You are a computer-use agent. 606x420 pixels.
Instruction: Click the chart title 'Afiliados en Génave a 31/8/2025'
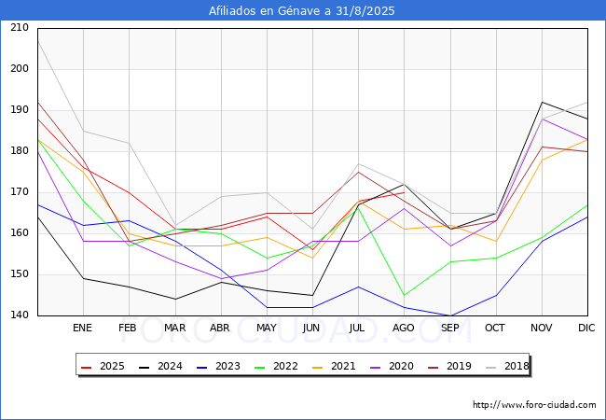pos(301,10)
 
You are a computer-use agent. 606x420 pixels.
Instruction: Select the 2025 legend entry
pos(103,366)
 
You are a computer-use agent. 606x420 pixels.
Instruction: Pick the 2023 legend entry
pos(218,366)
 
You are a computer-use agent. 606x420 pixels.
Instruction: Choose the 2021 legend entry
pos(334,366)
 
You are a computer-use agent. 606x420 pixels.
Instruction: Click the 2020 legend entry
pos(392,366)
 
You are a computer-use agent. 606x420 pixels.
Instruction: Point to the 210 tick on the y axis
pos(20,27)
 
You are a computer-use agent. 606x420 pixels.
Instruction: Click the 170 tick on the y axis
pos(20,192)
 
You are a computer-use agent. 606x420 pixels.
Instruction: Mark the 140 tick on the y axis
pos(20,315)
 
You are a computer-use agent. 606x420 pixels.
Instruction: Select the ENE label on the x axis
pos(82,328)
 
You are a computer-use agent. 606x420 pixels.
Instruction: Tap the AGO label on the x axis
pos(404,328)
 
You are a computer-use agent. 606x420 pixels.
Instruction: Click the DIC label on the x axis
pos(586,328)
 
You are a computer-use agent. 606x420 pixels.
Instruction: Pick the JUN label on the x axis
pos(311,328)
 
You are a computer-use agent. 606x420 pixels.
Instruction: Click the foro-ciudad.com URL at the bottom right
pos(534,404)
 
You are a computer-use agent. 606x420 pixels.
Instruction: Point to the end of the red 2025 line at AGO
pos(405,192)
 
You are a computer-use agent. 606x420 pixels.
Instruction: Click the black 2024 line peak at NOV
pos(543,102)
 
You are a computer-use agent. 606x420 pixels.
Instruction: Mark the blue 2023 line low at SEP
pos(450,315)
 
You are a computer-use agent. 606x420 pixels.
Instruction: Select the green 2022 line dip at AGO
pos(405,295)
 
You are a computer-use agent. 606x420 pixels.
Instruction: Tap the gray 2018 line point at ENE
pos(84,131)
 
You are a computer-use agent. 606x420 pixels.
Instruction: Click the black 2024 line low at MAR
pos(175,299)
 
